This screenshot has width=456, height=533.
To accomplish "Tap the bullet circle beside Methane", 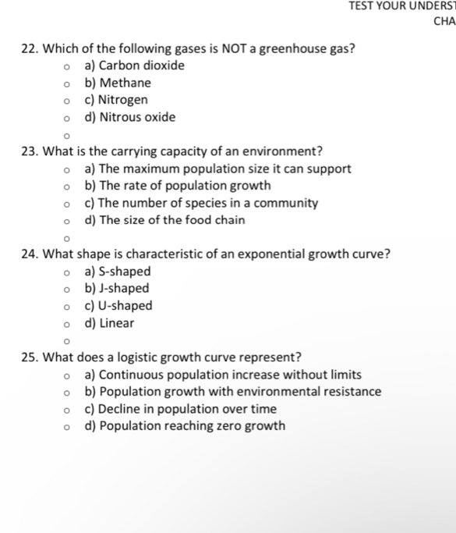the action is point(69,84).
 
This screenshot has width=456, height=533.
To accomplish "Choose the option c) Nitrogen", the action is point(116,100).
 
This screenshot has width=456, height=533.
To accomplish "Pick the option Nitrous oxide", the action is point(130,117).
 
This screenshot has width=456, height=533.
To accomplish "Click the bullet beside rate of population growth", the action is point(69,187).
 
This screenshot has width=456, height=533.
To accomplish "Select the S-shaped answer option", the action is point(118,272).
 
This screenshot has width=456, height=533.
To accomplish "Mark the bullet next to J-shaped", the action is point(69,290).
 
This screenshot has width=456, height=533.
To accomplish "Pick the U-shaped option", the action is point(118,306).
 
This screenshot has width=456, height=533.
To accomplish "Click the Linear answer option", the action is point(109,323).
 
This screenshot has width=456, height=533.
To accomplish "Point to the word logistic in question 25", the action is point(133,357).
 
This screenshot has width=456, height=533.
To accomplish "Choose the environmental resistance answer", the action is point(233,392).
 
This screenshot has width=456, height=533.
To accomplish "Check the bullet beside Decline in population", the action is point(69,410).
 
